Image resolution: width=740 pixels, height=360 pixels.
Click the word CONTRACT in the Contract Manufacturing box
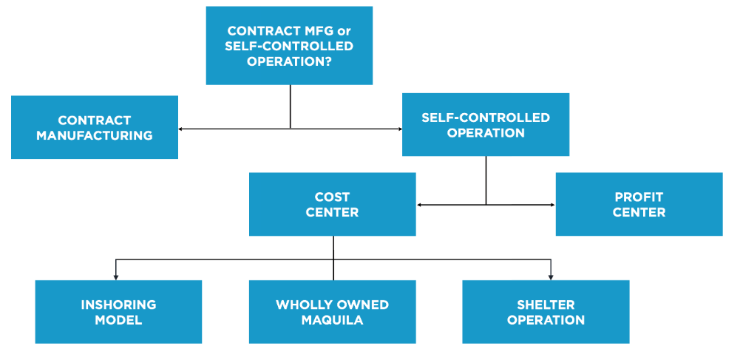click(95, 120)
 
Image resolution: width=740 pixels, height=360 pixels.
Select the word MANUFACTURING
click(95, 135)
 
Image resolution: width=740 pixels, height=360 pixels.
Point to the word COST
click(332, 197)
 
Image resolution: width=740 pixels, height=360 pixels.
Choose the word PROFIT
click(639, 197)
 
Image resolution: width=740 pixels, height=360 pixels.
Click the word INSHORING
click(118, 305)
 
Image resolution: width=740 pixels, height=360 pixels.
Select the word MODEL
click(118, 320)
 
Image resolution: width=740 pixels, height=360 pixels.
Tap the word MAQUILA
click(332, 320)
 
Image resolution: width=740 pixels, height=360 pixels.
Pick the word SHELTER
click(546, 305)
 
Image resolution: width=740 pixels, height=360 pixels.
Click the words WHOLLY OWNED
click(332, 305)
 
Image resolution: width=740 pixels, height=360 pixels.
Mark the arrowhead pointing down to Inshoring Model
click(116, 276)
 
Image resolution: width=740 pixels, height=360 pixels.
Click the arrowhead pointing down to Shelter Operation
click(551, 276)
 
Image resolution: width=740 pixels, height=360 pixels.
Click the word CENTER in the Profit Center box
click(639, 212)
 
